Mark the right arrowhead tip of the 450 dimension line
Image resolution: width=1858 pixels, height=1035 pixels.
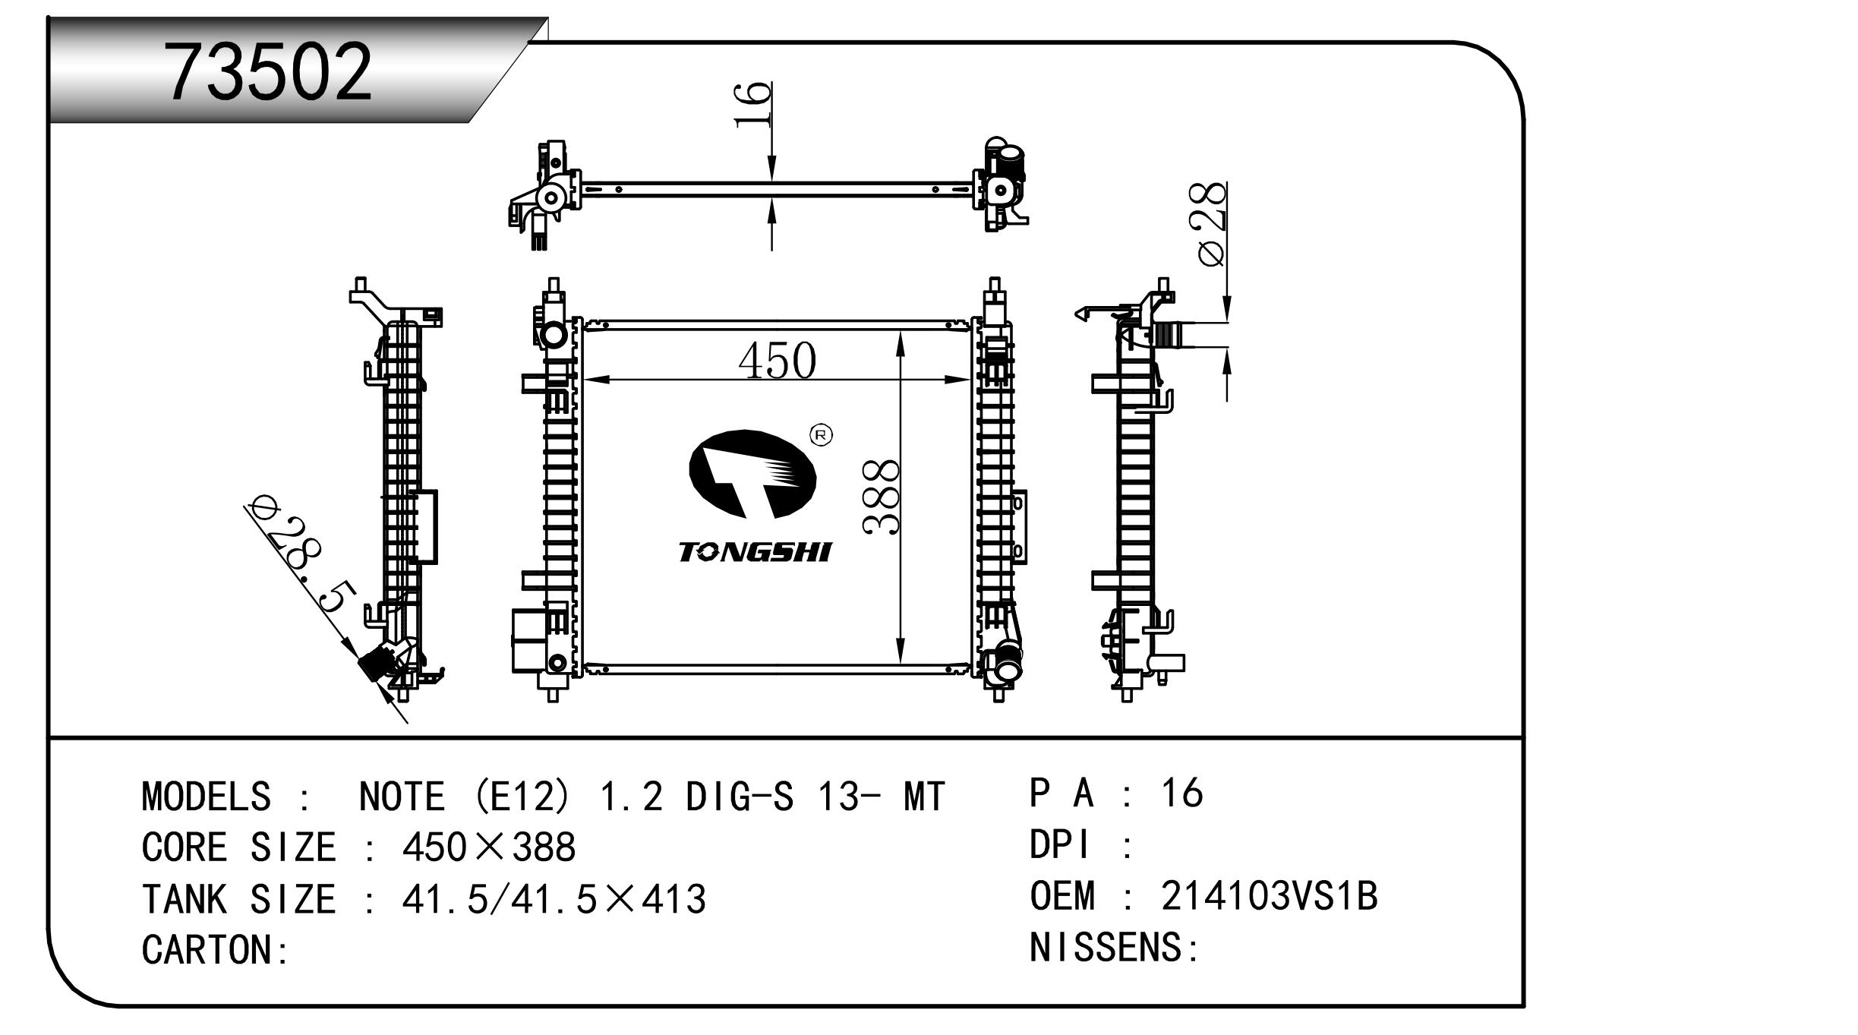coord(971,380)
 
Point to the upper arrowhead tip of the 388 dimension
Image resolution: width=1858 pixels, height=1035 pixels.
coord(900,331)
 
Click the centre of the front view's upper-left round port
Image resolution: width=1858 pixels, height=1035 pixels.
coord(553,335)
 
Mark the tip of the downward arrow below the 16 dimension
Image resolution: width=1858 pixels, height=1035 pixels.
coord(771,182)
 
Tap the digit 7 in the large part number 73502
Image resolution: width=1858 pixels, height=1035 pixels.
coord(189,72)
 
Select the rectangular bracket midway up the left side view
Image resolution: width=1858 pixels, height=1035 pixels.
coord(424,527)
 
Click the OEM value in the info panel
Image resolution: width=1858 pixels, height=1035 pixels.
coord(1269,896)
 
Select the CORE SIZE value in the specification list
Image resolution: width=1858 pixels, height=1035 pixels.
coord(489,846)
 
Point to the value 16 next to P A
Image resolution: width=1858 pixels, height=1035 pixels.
coord(1181,793)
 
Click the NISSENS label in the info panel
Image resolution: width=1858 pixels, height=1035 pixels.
coord(1106,947)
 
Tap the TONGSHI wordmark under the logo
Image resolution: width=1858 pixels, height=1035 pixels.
coord(755,551)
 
